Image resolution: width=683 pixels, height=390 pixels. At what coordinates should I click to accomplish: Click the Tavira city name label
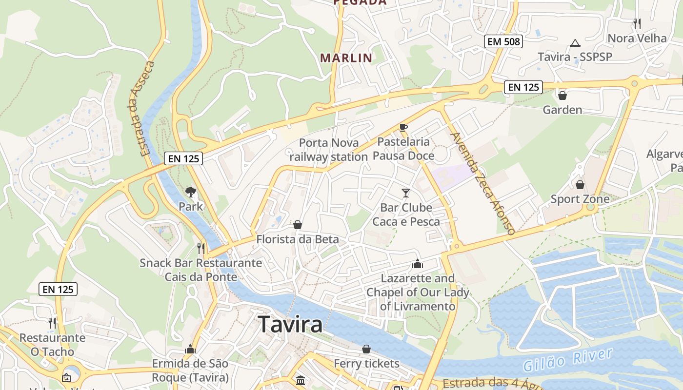(x=290, y=324)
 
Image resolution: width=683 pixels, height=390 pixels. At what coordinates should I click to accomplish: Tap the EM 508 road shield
(x=504, y=41)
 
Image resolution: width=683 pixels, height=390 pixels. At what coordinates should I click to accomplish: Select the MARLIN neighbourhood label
(x=346, y=58)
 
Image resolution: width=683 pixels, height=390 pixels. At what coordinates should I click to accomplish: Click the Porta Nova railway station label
(x=328, y=150)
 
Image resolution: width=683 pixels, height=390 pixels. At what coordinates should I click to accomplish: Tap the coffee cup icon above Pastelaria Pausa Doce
(x=403, y=128)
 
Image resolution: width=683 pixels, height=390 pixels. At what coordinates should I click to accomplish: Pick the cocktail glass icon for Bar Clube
(x=406, y=193)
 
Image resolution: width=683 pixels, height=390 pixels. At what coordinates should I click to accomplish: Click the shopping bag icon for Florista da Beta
(x=298, y=225)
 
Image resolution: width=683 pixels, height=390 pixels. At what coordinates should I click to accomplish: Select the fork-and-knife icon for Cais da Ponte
(x=201, y=248)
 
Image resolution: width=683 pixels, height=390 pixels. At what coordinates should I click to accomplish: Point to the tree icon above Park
(x=191, y=193)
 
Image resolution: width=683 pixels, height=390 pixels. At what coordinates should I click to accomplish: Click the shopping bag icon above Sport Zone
(x=580, y=185)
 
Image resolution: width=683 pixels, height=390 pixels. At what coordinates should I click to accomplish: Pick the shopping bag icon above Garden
(x=562, y=96)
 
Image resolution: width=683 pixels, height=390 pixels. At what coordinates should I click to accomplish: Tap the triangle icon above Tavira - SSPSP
(x=575, y=43)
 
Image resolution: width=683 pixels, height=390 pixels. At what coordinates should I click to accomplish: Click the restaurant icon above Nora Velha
(x=637, y=23)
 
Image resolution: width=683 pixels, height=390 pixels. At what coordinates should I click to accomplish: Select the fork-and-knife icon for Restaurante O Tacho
(x=52, y=323)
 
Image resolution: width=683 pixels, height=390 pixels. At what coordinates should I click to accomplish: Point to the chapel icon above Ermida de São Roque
(x=190, y=350)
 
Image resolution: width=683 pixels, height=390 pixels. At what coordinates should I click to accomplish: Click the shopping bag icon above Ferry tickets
(x=366, y=349)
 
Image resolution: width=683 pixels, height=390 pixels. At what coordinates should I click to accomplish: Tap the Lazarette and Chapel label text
(x=417, y=292)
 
